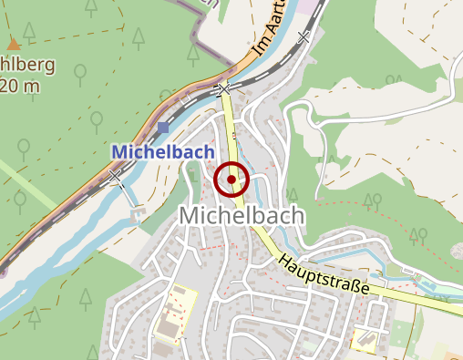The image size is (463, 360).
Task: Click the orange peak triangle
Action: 13,43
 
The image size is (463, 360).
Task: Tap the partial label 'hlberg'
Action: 27,66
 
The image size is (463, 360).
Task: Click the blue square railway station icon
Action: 162,128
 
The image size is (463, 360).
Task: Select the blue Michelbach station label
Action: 162,151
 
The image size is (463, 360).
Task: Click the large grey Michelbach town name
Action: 241,215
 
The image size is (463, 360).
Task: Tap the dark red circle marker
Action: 231,180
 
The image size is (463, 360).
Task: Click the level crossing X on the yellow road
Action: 223,88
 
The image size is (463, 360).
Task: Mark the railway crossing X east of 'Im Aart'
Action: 304,37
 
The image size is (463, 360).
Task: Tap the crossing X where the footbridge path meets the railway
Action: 116,177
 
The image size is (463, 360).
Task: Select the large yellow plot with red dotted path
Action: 177,313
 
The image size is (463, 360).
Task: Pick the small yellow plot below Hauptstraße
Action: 366,339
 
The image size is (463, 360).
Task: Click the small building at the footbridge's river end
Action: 138,215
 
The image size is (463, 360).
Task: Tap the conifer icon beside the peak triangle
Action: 29,34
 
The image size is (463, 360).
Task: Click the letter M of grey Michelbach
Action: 191,215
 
